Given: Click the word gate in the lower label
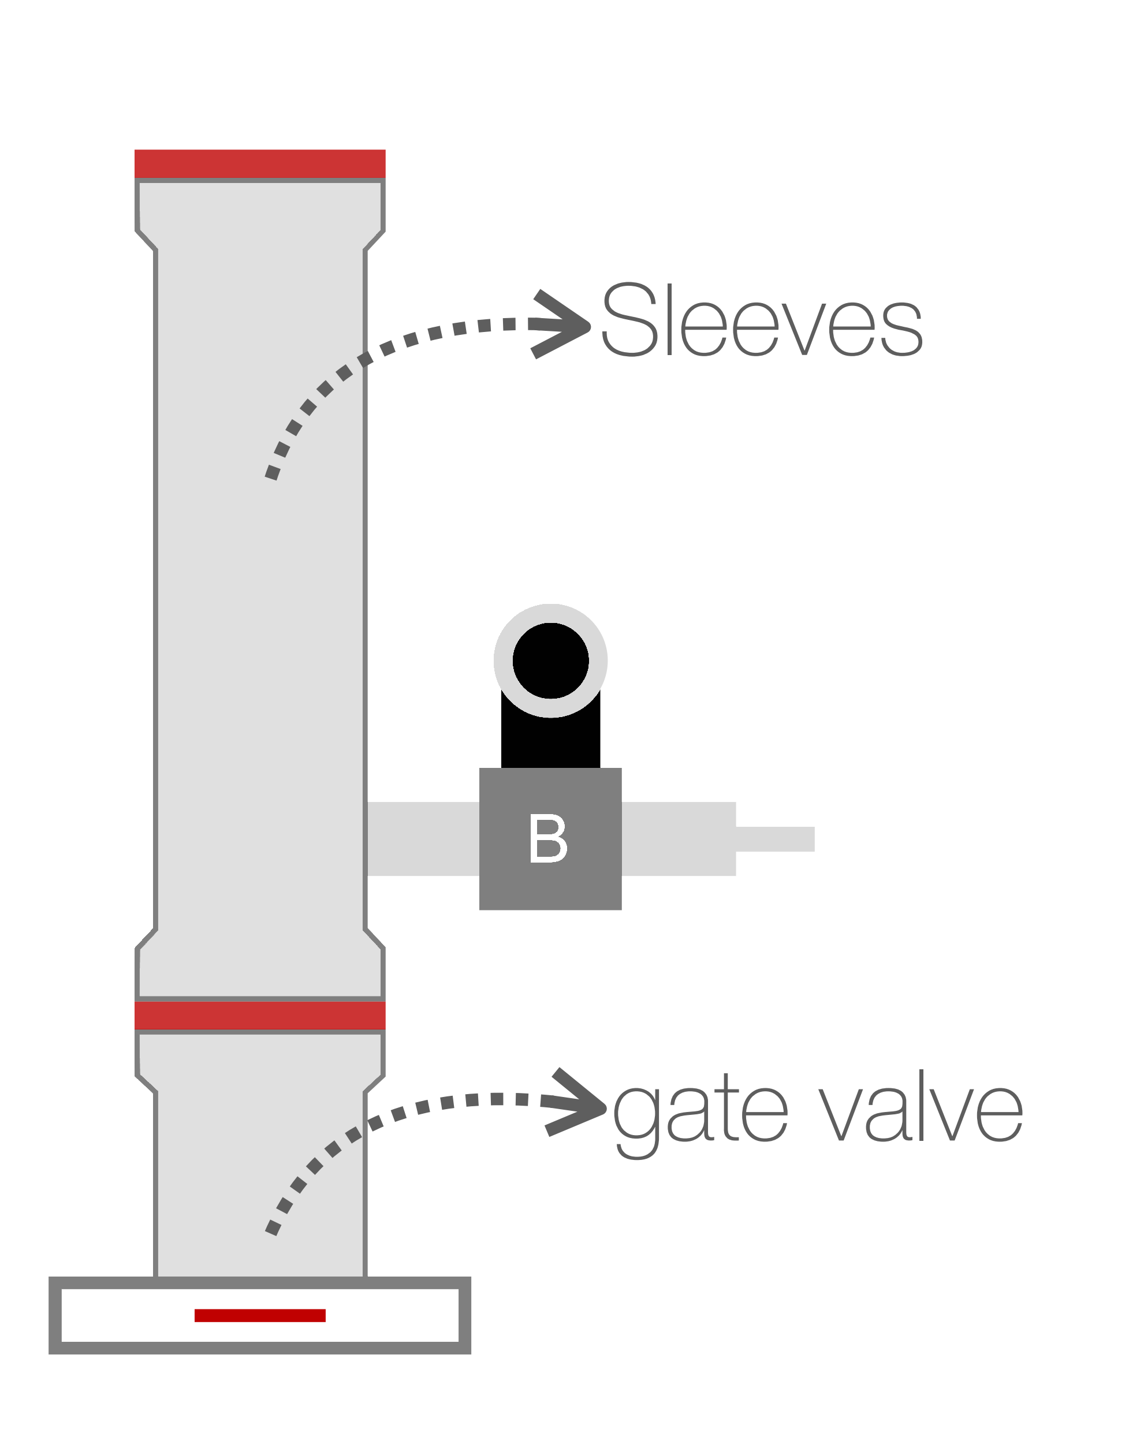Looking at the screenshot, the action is [700, 1115].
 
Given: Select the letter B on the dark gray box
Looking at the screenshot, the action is [548, 838].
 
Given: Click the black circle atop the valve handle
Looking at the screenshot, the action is [550, 661].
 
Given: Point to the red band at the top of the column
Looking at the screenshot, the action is [260, 163].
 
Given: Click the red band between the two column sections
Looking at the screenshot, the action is [260, 1016].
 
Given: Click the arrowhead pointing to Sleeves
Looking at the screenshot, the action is [560, 324].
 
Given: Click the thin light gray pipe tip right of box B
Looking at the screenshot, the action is [775, 839].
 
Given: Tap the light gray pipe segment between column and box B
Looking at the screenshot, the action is [423, 839].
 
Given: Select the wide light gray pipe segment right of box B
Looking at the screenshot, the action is [679, 839].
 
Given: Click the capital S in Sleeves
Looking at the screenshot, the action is [629, 319].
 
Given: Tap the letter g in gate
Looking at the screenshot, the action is [637, 1124].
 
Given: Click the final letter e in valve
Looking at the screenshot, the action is [1000, 1115].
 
